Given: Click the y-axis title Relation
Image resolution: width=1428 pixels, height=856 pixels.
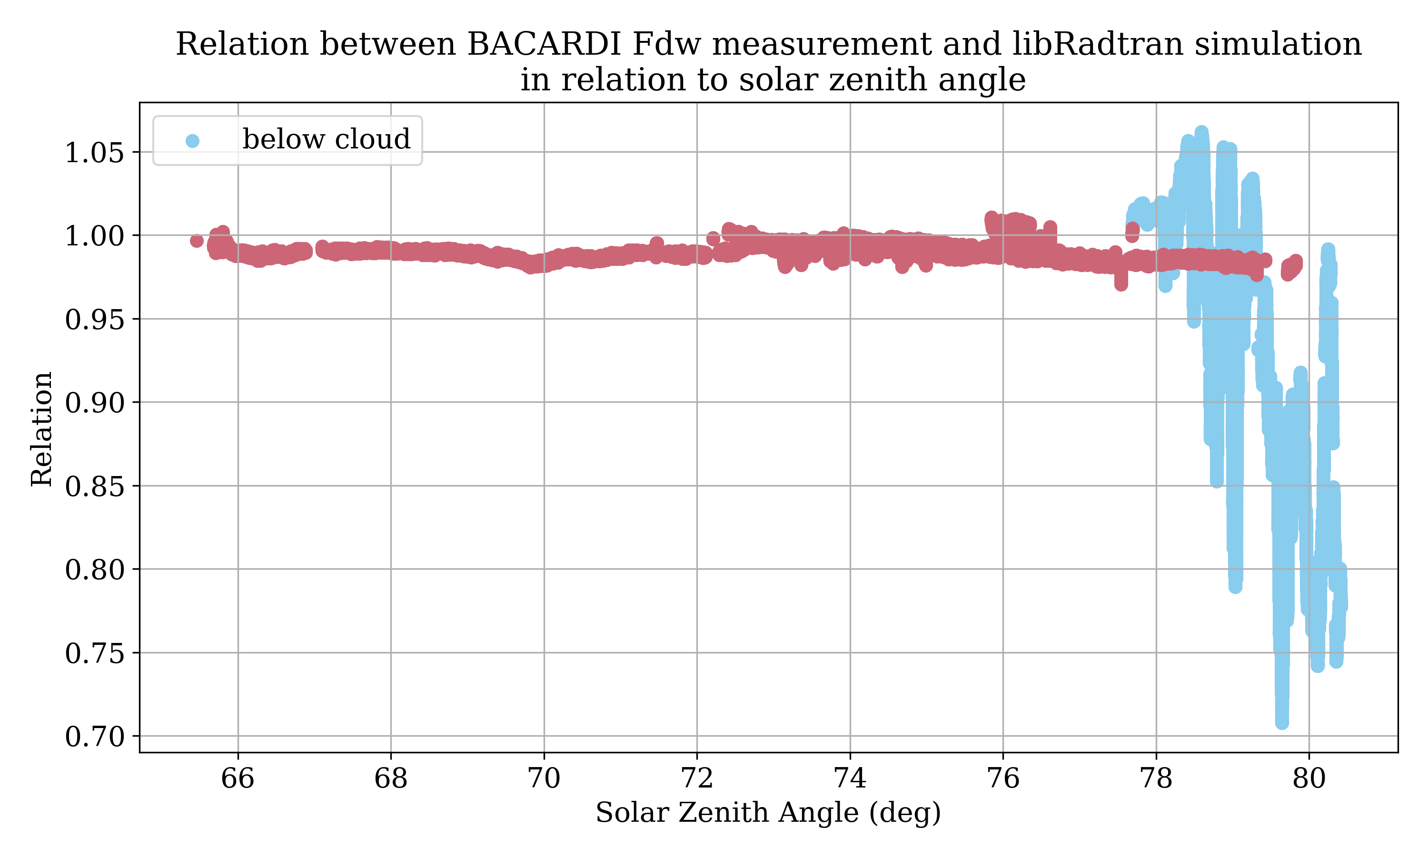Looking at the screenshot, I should pos(41,429).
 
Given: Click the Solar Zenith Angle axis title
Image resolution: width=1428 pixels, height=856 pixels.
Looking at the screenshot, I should pos(768,813).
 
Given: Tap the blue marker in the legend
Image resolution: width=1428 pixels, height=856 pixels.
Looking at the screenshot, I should pos(193,141).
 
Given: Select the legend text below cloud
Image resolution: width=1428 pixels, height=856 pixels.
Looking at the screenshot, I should pos(326,140).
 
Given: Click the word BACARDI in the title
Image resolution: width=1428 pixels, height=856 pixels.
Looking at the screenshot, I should pos(544,44).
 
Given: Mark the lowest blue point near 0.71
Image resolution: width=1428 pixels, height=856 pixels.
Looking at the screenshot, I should pos(1282,722).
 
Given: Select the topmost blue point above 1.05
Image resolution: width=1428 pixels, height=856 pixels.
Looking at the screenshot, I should pos(1201,133).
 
